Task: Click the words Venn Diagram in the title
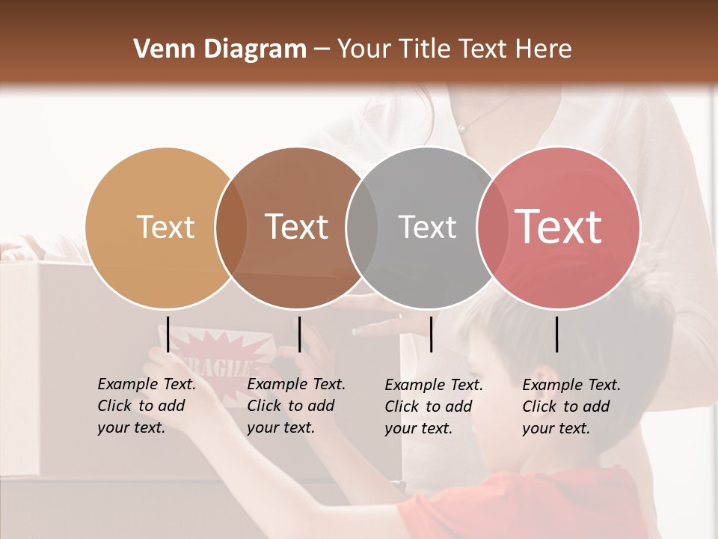coord(220,49)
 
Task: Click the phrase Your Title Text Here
coord(454,49)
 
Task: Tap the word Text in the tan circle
coord(165,228)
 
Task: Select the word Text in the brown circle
coord(296,228)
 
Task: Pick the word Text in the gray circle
coord(427,228)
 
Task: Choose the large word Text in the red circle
coord(559,227)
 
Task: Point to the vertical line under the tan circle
coord(168,334)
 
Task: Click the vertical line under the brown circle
coord(300,334)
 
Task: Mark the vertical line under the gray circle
coord(432,334)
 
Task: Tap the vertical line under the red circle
coord(557,334)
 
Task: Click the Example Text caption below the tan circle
coord(146,406)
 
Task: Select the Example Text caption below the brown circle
coord(295,406)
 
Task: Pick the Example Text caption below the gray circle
coord(433,406)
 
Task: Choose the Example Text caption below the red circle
coord(571,406)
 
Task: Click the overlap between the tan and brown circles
coord(231,228)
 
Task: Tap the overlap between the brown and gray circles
coord(362,228)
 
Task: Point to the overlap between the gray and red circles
coord(492,228)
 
